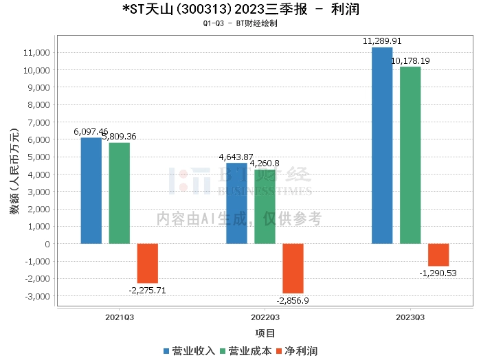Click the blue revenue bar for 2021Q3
[x=91, y=191]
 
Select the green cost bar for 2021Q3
[x=119, y=193]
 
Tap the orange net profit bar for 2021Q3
[x=148, y=263]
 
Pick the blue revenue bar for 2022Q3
[x=236, y=203]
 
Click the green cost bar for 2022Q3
[x=265, y=207]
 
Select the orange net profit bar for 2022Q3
[x=293, y=269]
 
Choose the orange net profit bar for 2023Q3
[x=438, y=255]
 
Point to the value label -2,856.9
[x=293, y=301]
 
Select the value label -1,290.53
[x=438, y=273]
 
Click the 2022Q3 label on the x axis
[x=265, y=318]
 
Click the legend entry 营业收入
[x=189, y=350]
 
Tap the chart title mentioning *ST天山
[x=240, y=9]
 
